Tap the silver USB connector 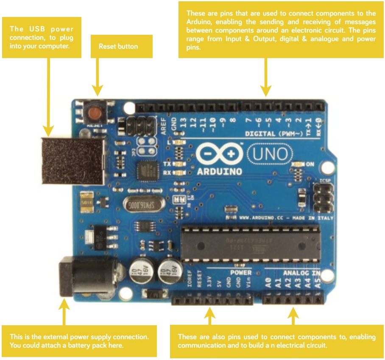click(x=73, y=161)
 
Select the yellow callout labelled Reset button click(x=118, y=46)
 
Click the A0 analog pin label click(x=268, y=282)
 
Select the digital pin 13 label click(x=184, y=123)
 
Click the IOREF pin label click(x=190, y=280)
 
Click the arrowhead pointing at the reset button click(x=98, y=90)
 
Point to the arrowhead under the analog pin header click(x=293, y=313)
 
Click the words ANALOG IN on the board click(x=301, y=272)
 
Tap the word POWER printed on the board click(x=241, y=272)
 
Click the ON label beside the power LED click(x=310, y=164)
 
